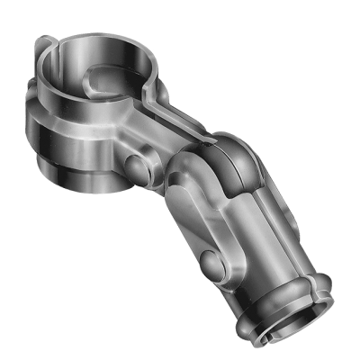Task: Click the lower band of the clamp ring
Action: coord(76,171)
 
